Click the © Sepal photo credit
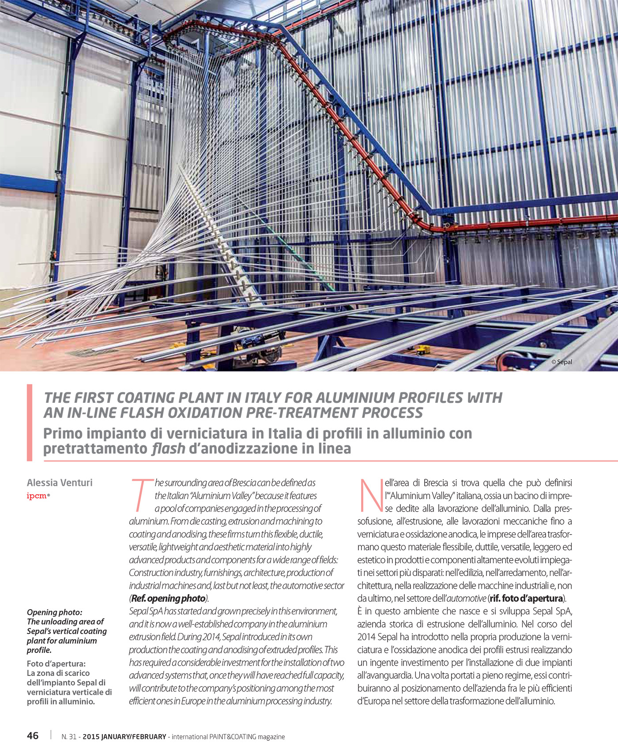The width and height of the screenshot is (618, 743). (561, 362)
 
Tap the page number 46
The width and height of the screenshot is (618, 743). (33, 735)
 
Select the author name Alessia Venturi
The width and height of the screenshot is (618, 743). (60, 482)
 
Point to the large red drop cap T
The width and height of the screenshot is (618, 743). (140, 494)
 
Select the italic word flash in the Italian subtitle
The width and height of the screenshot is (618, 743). (168, 449)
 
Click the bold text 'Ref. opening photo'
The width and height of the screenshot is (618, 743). (169, 599)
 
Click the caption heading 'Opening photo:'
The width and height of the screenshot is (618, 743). (54, 612)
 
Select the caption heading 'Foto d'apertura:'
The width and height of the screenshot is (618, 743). (56, 663)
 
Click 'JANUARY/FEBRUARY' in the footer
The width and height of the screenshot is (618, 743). (134, 737)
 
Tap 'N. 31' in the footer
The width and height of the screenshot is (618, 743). (68, 737)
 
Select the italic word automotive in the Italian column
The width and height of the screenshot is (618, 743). (466, 599)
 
